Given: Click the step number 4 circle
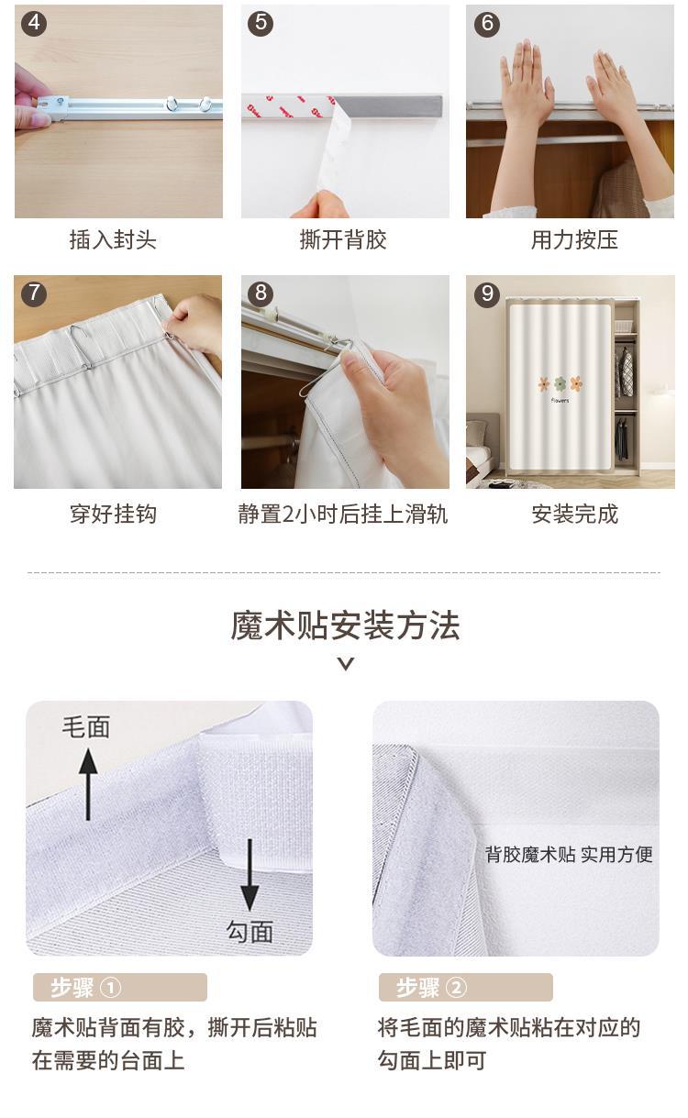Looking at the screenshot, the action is (x=34, y=23).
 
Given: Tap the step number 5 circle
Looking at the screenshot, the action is (x=261, y=23).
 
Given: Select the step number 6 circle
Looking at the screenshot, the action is (x=487, y=23).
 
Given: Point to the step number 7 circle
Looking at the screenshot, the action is (x=34, y=293).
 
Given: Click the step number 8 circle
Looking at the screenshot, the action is (x=261, y=293).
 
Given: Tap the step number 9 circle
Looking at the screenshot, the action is (x=487, y=293).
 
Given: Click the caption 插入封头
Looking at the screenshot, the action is (x=113, y=240).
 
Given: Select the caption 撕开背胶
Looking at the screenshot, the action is (x=343, y=240).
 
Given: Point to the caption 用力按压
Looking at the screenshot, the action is (x=574, y=240).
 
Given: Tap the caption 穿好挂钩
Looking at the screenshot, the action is (x=113, y=515).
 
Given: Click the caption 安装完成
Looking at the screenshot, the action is (x=574, y=515).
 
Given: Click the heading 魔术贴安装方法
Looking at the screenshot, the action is (x=345, y=625).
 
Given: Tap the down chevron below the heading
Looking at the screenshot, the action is (x=346, y=664).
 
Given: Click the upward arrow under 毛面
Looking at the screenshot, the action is (x=88, y=784).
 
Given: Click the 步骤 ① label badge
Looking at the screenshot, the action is (x=120, y=987).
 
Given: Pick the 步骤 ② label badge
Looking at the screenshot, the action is (x=466, y=987).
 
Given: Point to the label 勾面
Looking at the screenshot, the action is (x=250, y=932).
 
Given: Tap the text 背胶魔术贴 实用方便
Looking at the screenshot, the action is (x=569, y=855).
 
